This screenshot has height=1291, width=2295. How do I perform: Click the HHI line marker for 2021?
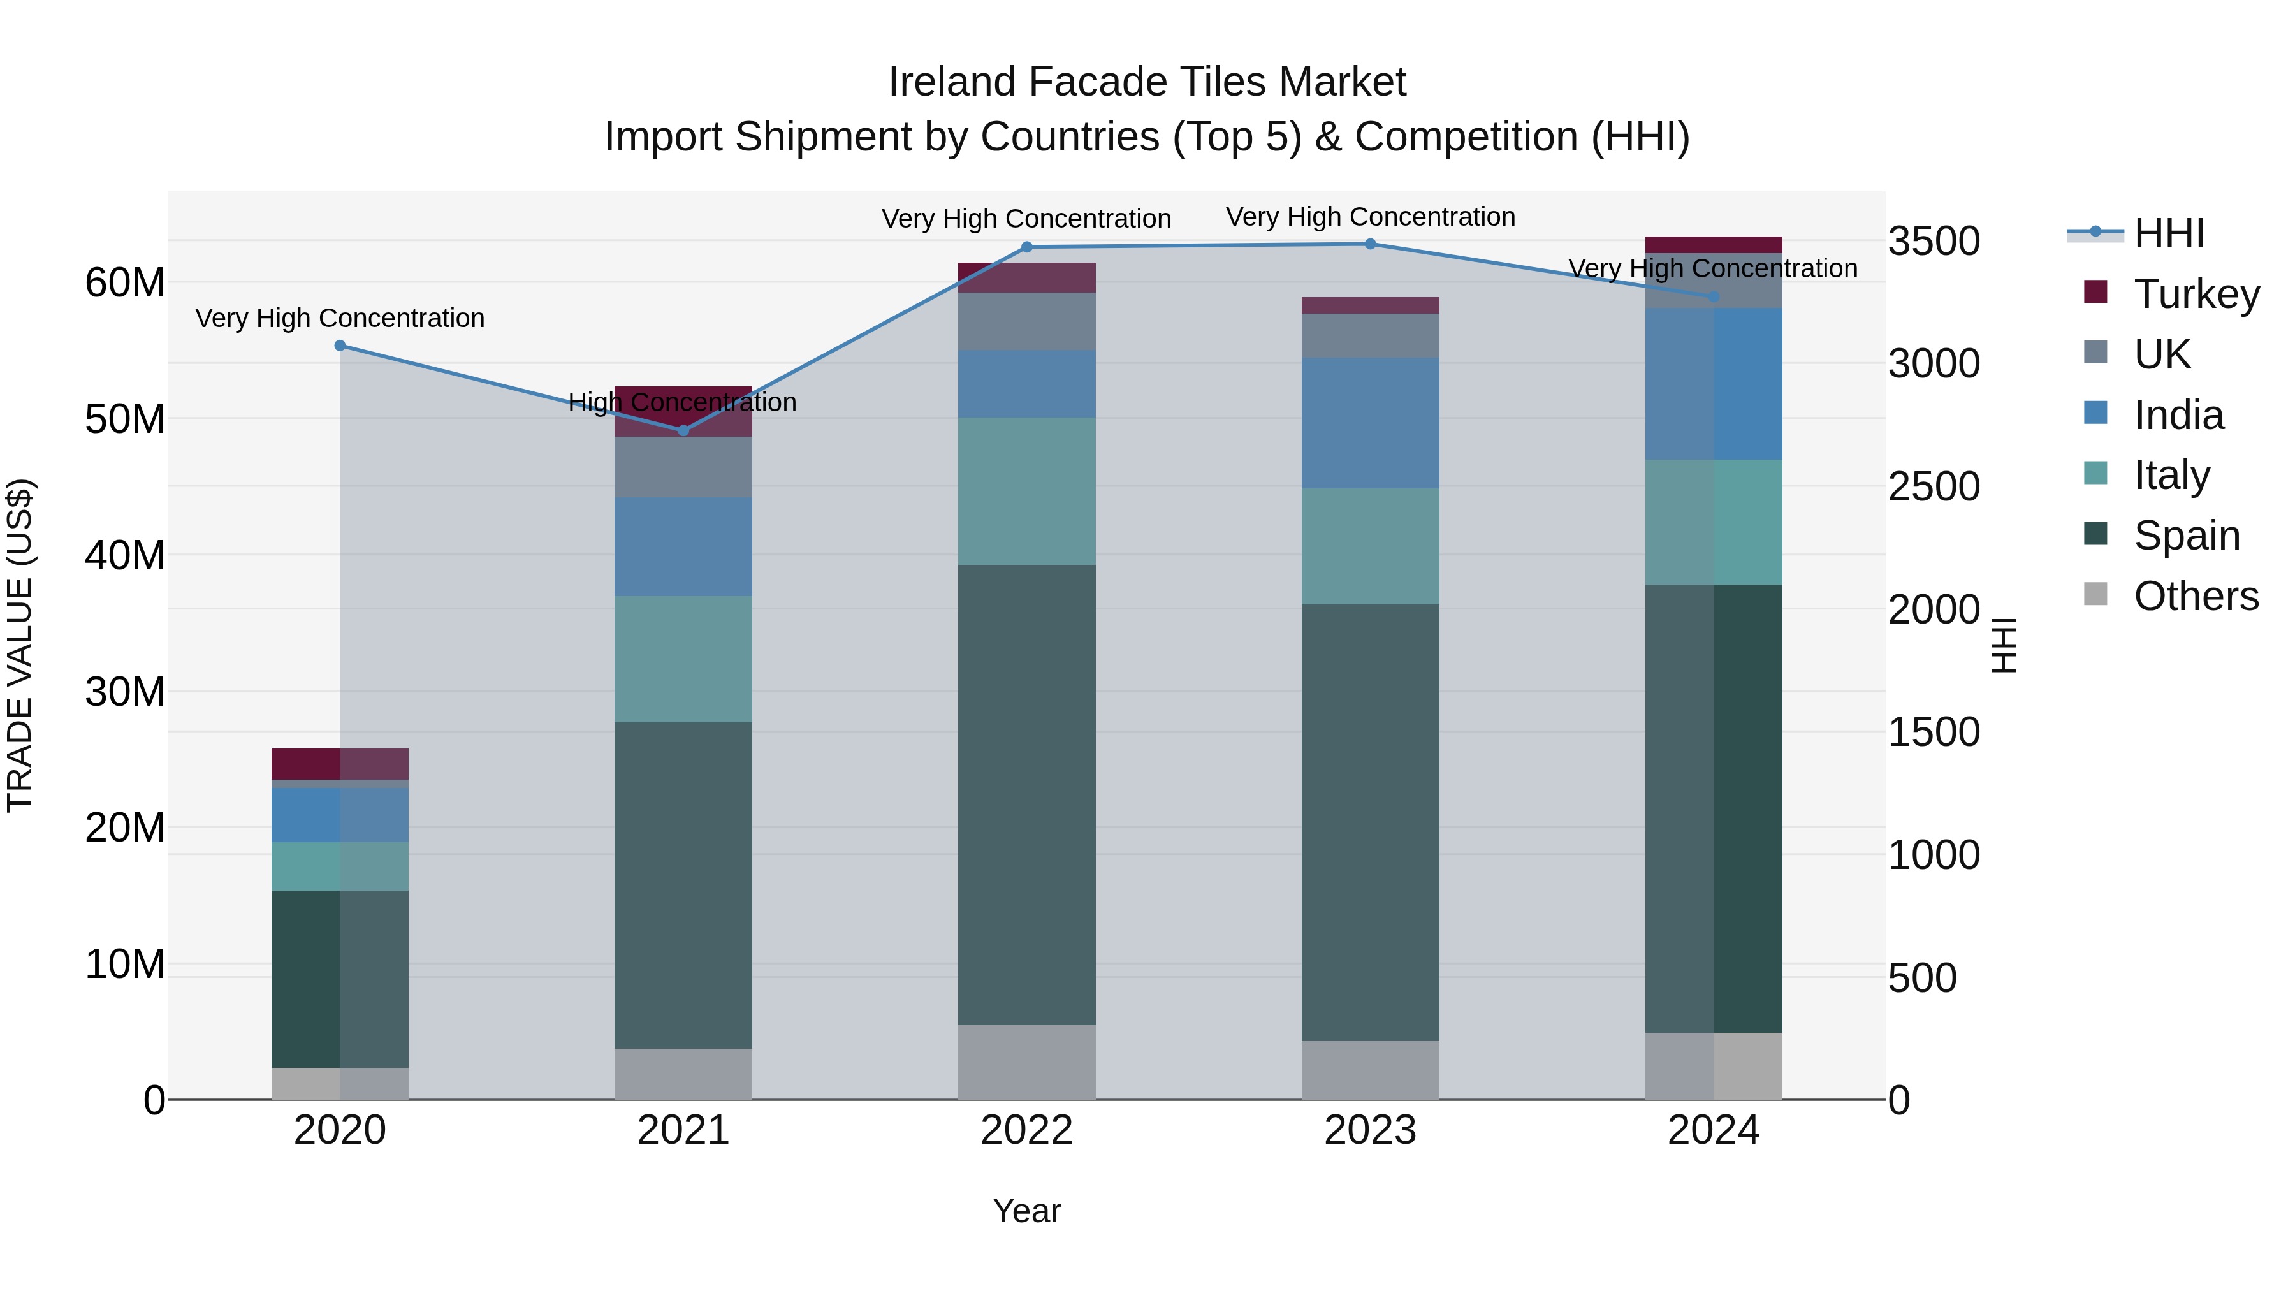coord(683,430)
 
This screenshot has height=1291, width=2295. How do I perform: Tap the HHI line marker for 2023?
coord(1370,244)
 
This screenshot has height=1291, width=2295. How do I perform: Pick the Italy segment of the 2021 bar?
coord(683,659)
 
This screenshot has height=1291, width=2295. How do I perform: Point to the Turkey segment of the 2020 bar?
coord(339,764)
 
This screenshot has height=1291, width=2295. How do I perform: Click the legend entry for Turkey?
coord(2196,294)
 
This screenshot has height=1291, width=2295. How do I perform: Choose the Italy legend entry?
coord(2171,475)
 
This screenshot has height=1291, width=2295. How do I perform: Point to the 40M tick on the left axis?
coord(125,555)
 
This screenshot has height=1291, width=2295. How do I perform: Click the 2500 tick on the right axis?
coord(1934,486)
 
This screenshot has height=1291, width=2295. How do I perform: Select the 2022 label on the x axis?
coord(1026,1130)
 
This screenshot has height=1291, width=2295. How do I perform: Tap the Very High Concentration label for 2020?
coord(339,318)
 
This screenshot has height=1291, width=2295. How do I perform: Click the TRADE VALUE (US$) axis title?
coord(20,645)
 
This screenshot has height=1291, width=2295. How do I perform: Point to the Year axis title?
coord(1026,1211)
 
